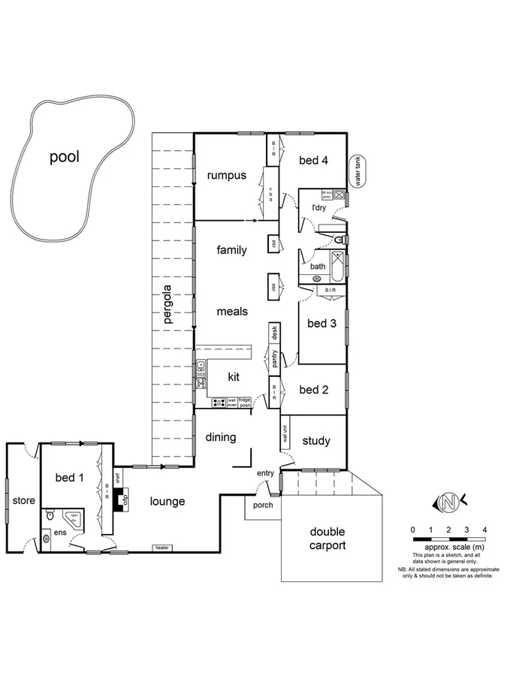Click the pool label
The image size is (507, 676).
pyautogui.click(x=64, y=157)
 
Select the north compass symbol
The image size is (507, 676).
pyautogui.click(x=448, y=502)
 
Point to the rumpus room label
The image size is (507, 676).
pyautogui.click(x=226, y=176)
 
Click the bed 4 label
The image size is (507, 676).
pyautogui.click(x=314, y=160)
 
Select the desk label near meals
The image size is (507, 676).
pyautogui.click(x=275, y=331)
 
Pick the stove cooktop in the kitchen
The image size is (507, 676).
pyautogui.click(x=219, y=402)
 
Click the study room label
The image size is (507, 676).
pyautogui.click(x=315, y=441)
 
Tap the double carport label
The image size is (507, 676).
pyautogui.click(x=327, y=539)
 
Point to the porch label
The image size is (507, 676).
pyautogui.click(x=263, y=505)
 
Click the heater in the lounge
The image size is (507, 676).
pyautogui.click(x=161, y=548)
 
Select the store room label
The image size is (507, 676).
pyautogui.click(x=23, y=500)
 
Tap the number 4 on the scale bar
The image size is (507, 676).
pyautogui.click(x=484, y=530)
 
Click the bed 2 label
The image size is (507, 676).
pyautogui.click(x=314, y=390)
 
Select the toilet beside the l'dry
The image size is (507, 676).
pyautogui.click(x=340, y=240)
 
